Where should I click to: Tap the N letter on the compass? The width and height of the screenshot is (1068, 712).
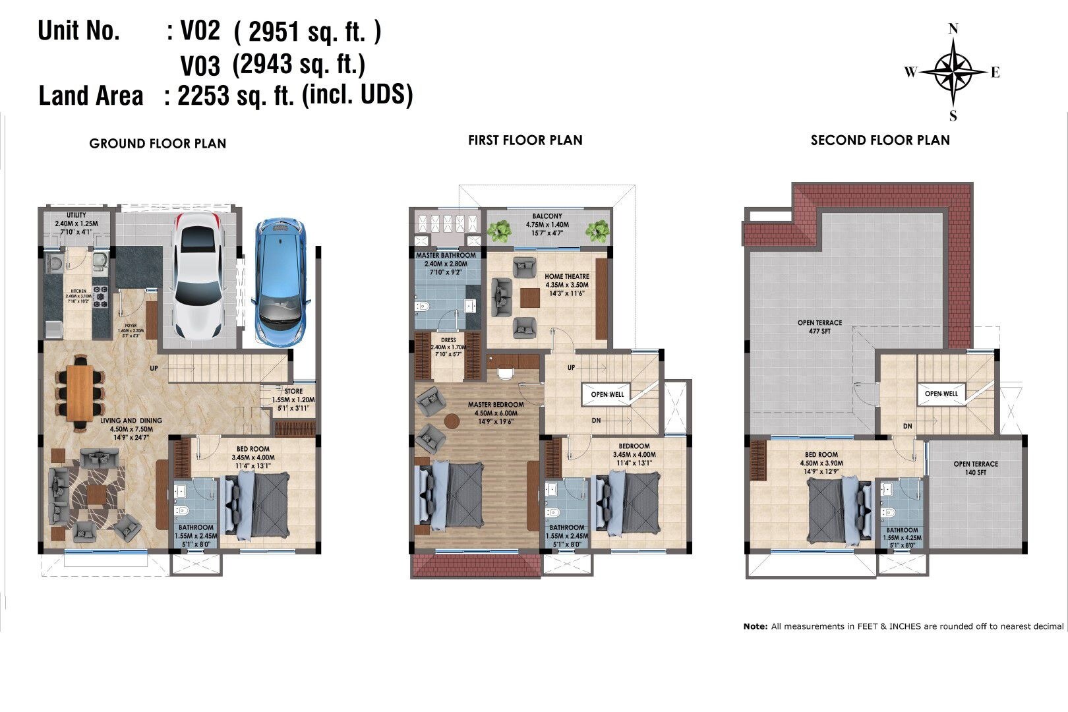point(953,28)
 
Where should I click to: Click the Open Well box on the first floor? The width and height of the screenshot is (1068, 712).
point(607,394)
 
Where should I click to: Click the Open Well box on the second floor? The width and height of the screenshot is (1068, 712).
point(941,394)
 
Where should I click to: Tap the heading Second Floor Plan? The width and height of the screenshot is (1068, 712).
point(880,140)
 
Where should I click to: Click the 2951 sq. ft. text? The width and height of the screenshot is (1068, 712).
point(307,32)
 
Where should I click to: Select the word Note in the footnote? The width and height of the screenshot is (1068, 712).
point(755,626)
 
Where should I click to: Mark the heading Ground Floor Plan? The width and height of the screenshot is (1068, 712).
point(158,143)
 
